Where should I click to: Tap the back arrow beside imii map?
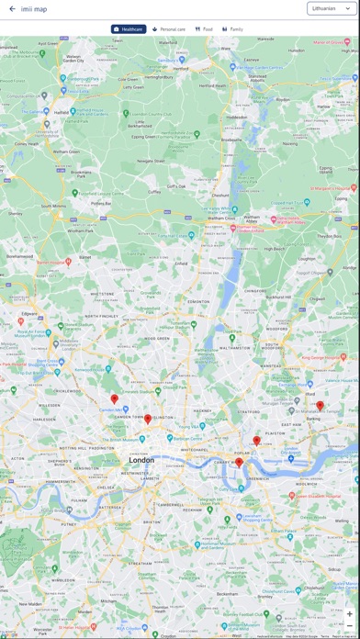click(x=12, y=8)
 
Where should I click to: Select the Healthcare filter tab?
click(x=129, y=29)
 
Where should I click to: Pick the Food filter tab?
click(x=204, y=29)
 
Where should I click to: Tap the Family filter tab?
click(x=232, y=29)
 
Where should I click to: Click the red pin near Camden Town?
click(x=115, y=399)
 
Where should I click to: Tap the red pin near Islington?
click(x=148, y=420)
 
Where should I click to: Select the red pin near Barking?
click(x=320, y=406)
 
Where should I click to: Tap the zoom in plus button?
click(x=349, y=614)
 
